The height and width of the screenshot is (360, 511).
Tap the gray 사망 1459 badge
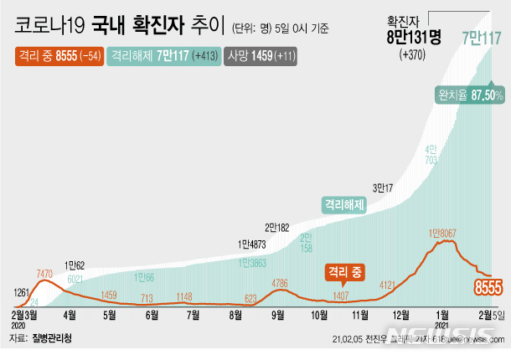click(x=261, y=57)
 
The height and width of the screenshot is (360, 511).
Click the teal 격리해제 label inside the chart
click(x=343, y=203)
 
